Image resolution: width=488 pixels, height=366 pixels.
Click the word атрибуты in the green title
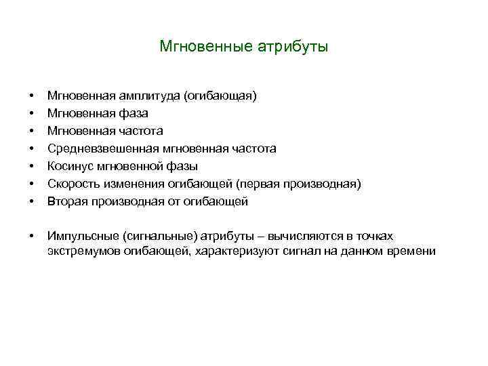click(x=293, y=47)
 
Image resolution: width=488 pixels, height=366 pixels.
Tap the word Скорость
click(x=72, y=184)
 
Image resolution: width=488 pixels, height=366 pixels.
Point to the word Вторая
click(x=67, y=201)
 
